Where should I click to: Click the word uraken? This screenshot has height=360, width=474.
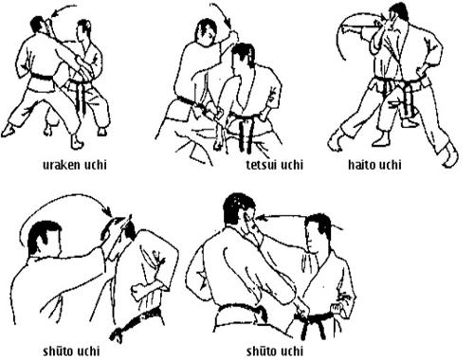[x=62, y=165]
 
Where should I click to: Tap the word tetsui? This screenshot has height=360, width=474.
[x=263, y=165]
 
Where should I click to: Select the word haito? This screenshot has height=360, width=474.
[x=361, y=165]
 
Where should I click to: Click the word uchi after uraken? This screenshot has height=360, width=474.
[x=95, y=165]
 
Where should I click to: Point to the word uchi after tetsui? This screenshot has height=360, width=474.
[x=292, y=165]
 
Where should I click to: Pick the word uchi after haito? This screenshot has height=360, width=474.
[x=390, y=165]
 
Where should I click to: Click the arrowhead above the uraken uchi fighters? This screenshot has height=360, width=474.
[x=55, y=14]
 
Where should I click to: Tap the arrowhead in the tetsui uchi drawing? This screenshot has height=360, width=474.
[x=228, y=22]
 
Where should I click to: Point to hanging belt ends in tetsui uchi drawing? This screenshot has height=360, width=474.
[x=246, y=135]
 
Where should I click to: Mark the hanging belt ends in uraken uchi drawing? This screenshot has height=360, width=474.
[x=81, y=97]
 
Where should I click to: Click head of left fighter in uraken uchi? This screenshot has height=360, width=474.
[x=39, y=26]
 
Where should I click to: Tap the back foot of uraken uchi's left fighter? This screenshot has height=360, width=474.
[x=7, y=130]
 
